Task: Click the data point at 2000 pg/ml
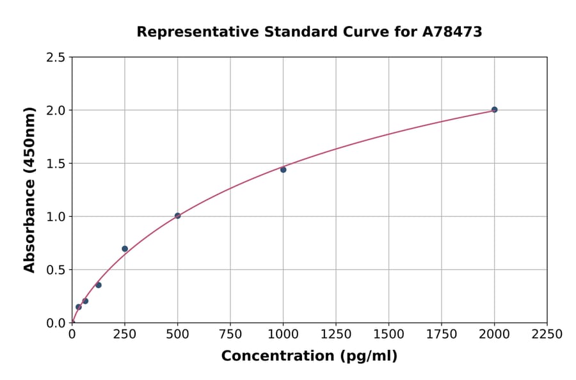(x=494, y=109)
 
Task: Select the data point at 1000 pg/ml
(x=283, y=170)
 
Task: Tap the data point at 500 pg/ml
(x=177, y=216)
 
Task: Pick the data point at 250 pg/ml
(x=125, y=248)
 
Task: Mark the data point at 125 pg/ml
(x=99, y=285)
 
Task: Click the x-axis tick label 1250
(x=336, y=334)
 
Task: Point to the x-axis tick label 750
(x=230, y=334)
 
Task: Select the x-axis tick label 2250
(x=547, y=334)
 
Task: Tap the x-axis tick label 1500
(x=388, y=334)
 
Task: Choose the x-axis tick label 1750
(x=442, y=334)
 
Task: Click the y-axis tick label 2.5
(x=56, y=58)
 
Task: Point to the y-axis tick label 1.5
(x=56, y=164)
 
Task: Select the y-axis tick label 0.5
(x=56, y=270)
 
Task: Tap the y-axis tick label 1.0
(x=56, y=217)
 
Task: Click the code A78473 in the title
(x=453, y=32)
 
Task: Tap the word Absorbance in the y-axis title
(x=29, y=227)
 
